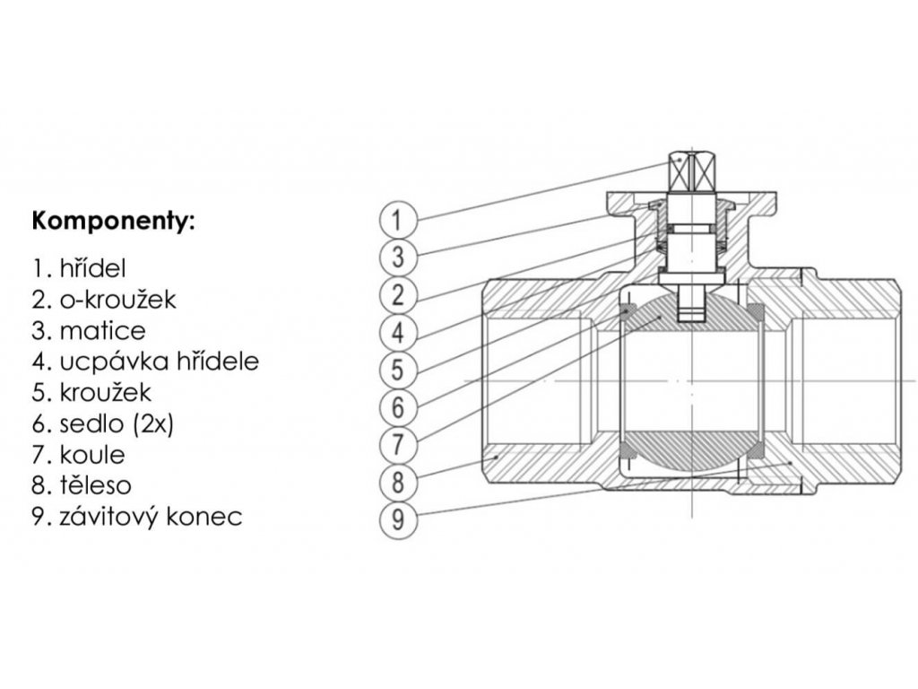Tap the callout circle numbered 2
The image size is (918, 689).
tap(398, 294)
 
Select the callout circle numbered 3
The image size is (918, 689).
tap(398, 257)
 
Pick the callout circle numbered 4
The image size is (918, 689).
tap(398, 332)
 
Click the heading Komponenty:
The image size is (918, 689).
tap(112, 221)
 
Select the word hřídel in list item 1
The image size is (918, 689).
tap(91, 268)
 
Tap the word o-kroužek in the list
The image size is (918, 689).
tap(117, 300)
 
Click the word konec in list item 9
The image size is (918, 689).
tap(210, 518)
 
